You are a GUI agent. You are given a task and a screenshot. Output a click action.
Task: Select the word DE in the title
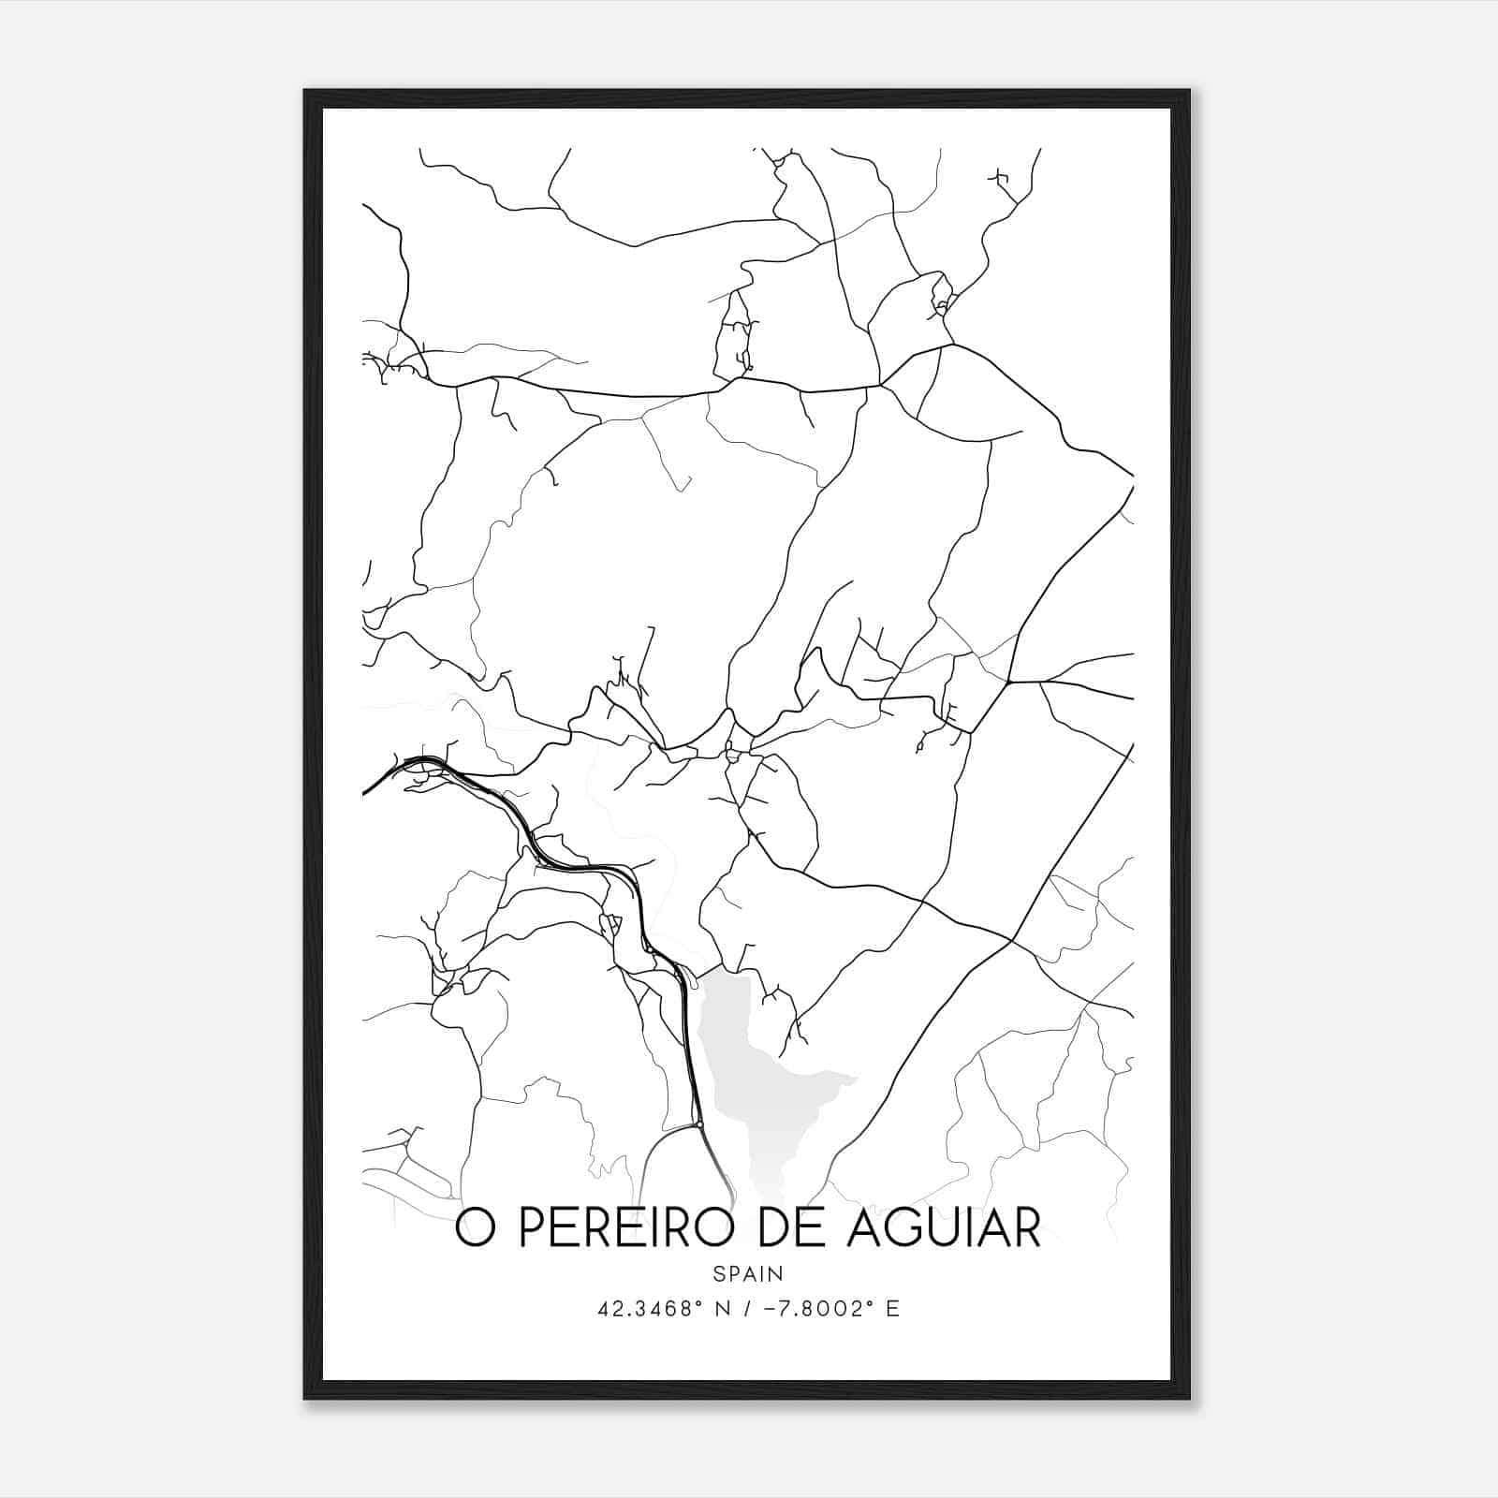[789, 1228]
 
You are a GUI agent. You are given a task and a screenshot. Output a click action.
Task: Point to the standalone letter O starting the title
[476, 1228]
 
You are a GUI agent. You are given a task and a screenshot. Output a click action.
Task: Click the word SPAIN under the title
[748, 1273]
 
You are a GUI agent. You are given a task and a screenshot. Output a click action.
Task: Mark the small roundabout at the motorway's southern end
[698, 1123]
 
